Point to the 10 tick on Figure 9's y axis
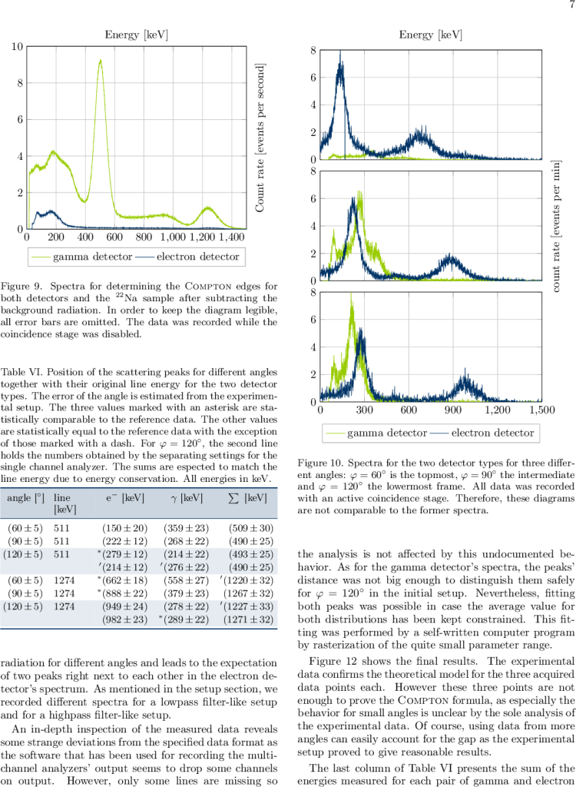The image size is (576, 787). point(17,46)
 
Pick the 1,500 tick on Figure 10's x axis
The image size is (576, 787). point(542,411)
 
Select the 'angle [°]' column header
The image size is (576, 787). point(25,499)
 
